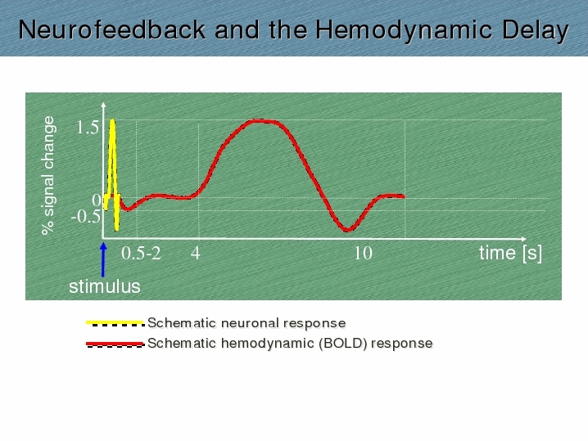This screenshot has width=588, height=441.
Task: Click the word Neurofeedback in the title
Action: click(112, 29)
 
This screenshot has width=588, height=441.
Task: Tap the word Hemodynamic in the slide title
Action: click(404, 30)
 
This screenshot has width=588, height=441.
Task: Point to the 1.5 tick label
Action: click(88, 128)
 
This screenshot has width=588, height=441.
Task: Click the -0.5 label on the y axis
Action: click(86, 217)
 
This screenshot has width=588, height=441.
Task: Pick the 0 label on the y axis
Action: click(97, 200)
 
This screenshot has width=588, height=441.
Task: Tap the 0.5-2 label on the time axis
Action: click(141, 254)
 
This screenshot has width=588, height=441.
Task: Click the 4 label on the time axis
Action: click(196, 254)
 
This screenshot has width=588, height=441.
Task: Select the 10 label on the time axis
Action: click(363, 254)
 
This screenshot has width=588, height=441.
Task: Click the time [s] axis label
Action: click(510, 254)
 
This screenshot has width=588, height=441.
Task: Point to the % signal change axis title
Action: click(49, 175)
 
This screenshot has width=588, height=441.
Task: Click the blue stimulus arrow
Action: click(103, 260)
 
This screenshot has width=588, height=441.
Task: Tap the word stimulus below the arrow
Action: click(105, 286)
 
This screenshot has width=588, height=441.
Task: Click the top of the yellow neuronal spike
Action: click(112, 120)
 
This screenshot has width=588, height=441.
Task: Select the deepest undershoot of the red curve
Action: click(348, 230)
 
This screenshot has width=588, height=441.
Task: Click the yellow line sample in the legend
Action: click(115, 322)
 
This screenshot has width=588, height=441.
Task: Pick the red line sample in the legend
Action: click(115, 344)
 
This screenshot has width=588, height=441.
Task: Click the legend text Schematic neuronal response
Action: click(247, 323)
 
